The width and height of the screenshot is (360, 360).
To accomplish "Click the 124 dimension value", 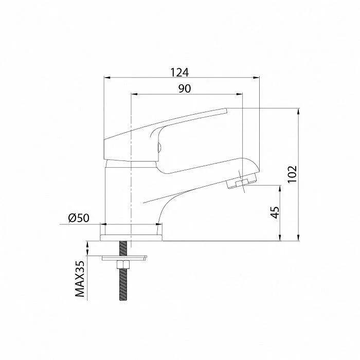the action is [x=179, y=73].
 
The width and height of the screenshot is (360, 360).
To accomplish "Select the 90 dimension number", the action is [x=184, y=88].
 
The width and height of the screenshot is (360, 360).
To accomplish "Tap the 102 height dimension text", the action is [x=292, y=174].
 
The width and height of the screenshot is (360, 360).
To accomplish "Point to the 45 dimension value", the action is [x=275, y=212].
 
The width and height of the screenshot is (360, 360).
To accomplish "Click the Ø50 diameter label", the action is [x=79, y=218].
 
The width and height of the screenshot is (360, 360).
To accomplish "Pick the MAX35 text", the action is [x=80, y=279].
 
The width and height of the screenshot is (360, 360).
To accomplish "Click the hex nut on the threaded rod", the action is [x=123, y=265].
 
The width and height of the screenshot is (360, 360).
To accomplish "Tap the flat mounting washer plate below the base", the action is [x=124, y=258].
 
